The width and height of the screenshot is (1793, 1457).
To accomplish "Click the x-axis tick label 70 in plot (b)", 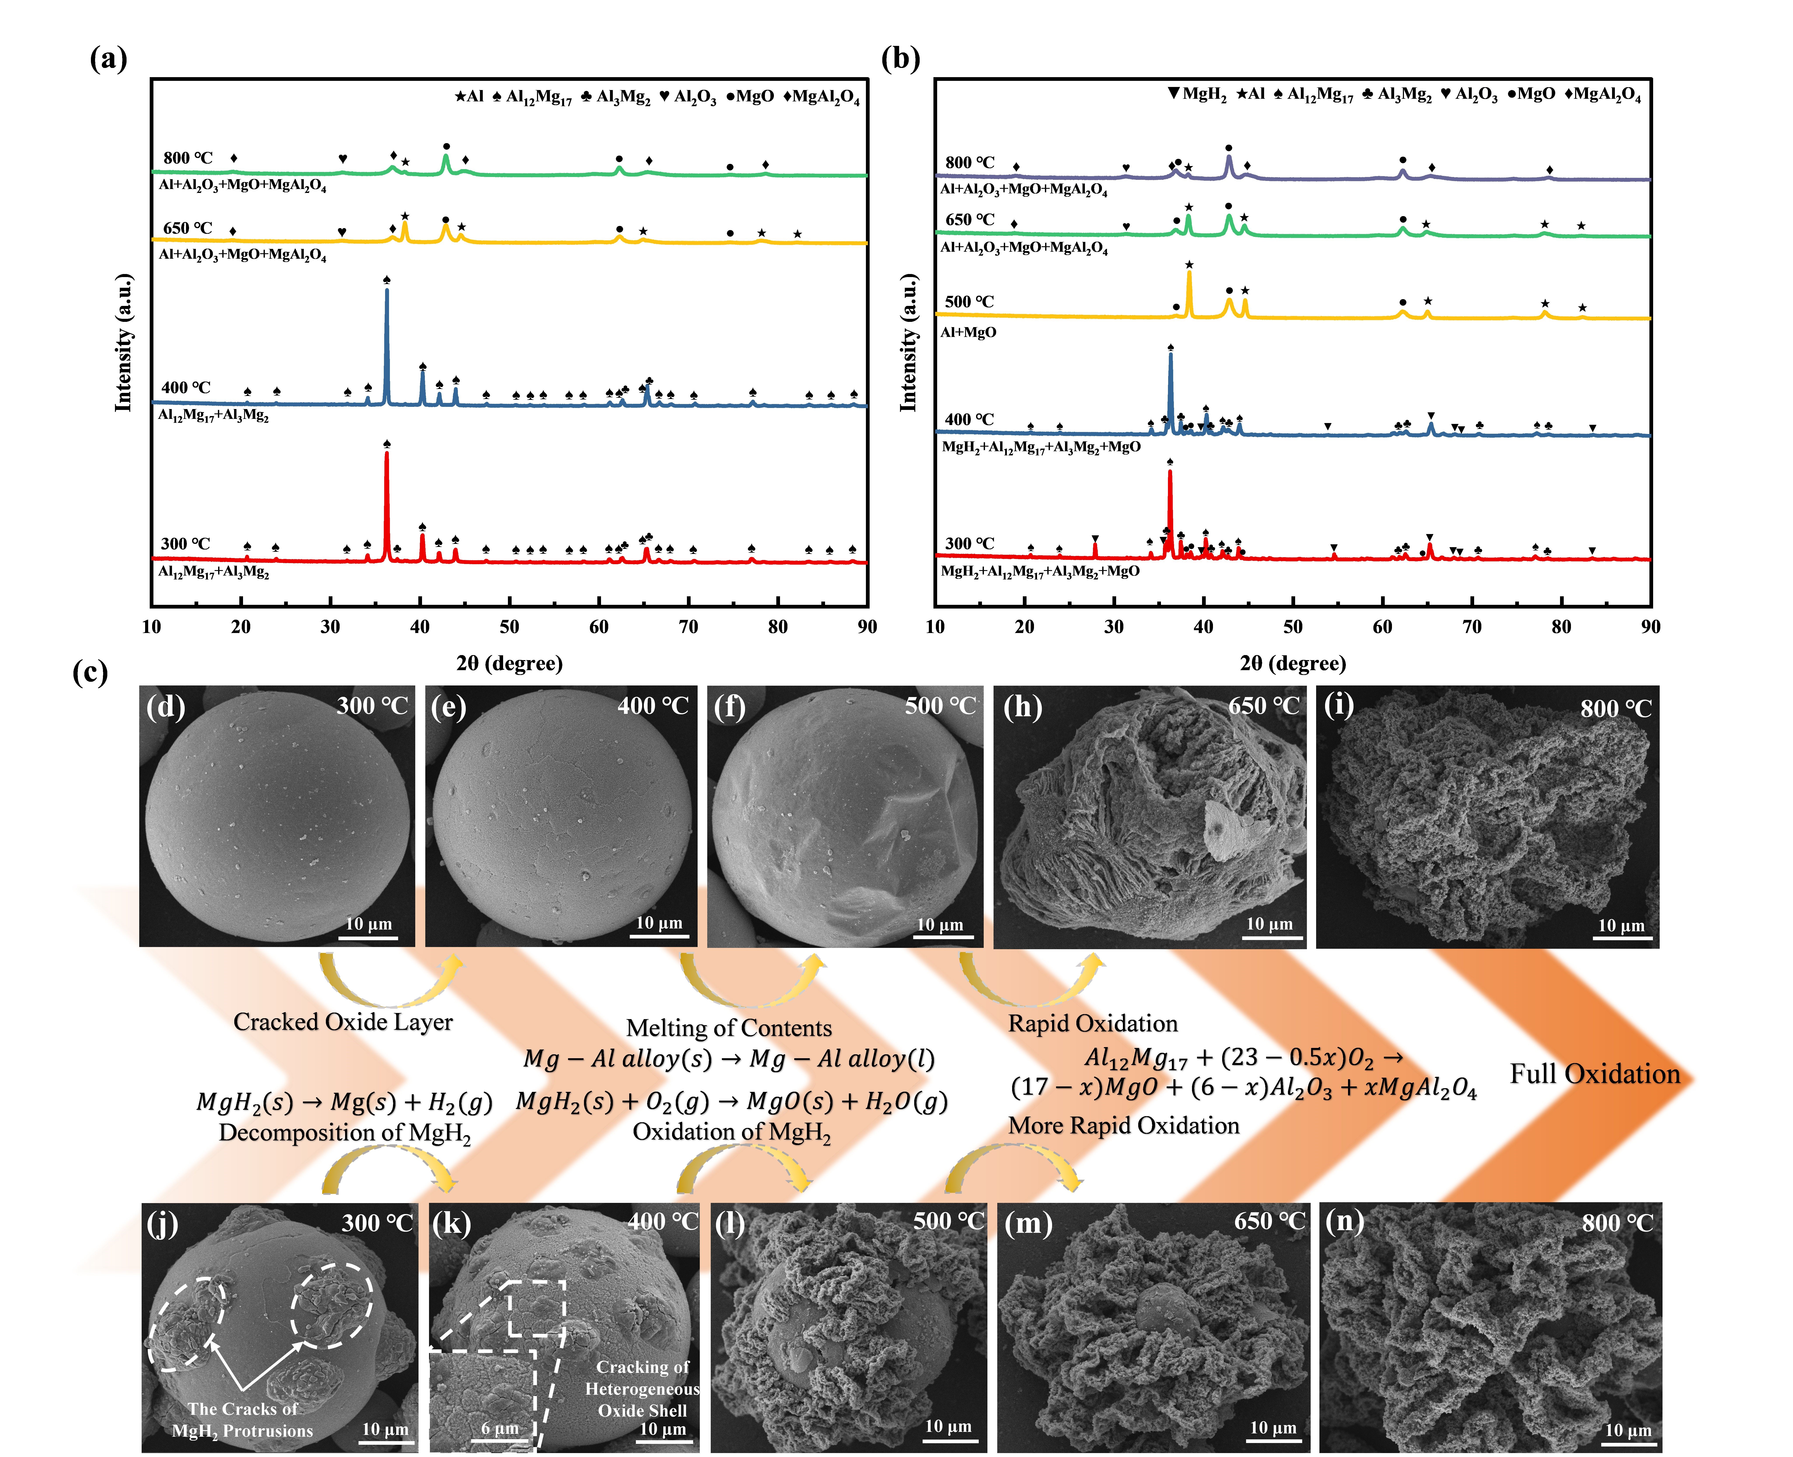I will (x=1472, y=627).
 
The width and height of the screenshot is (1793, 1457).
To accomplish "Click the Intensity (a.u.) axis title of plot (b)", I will (x=908, y=342).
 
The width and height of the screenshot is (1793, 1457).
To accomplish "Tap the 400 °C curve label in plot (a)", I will (x=186, y=388).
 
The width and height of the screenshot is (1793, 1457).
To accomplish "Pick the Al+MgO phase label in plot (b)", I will (x=968, y=332).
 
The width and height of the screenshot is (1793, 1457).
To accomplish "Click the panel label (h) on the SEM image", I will (x=1022, y=708).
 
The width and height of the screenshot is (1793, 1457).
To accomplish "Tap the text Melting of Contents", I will (x=729, y=1028).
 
